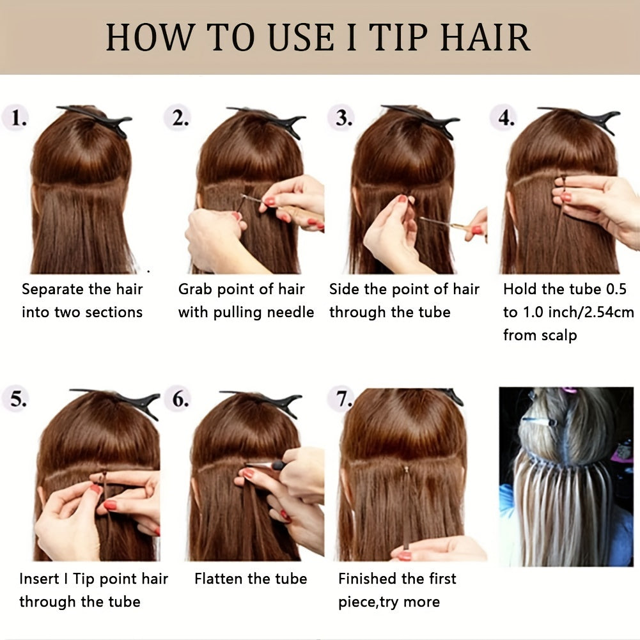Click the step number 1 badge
pos(15,119)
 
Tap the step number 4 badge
pos(504,118)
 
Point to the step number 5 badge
pos(15,400)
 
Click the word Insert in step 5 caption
pos(39,579)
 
